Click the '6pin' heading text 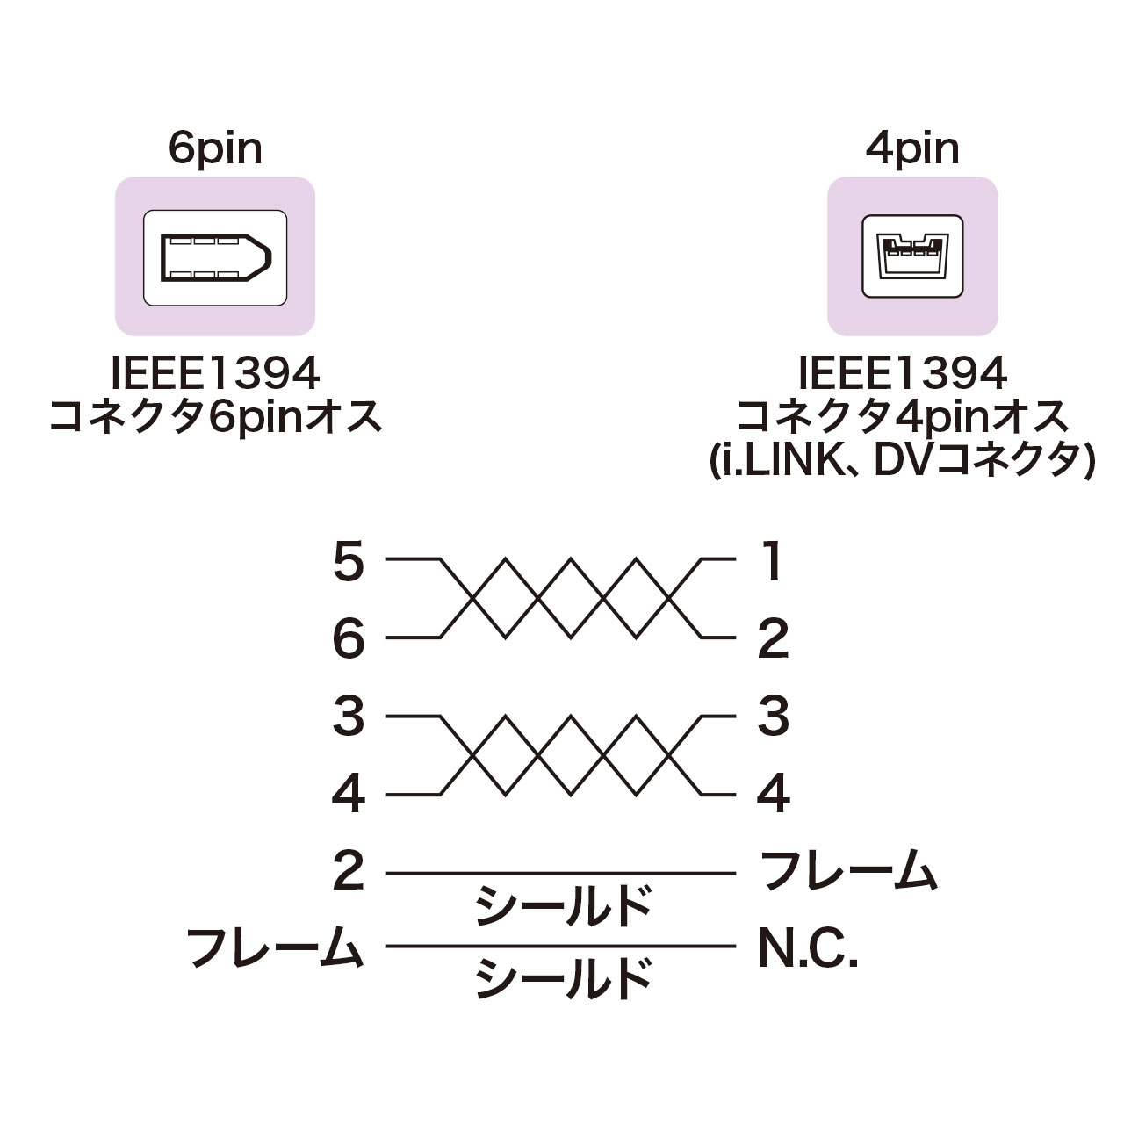(215, 150)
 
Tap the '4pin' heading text (911, 150)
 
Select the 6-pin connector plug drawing (216, 258)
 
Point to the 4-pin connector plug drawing (912, 257)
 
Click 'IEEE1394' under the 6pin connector (215, 374)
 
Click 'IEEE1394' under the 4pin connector (903, 374)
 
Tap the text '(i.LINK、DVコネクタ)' (903, 461)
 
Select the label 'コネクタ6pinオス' (215, 417)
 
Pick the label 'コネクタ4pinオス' (903, 417)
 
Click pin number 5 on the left (349, 560)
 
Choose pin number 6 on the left (349, 638)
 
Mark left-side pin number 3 (349, 717)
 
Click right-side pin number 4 (774, 795)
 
